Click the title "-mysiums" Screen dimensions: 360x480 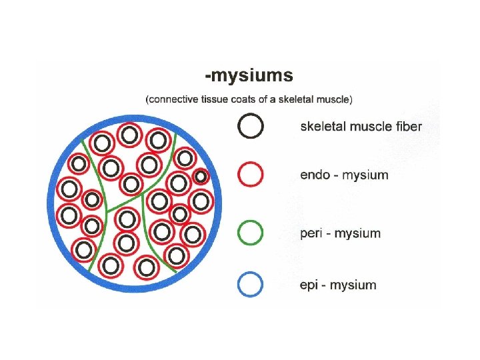(248, 75)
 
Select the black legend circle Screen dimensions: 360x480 (250, 126)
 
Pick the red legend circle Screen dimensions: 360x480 (250, 175)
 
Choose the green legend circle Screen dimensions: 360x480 (250, 233)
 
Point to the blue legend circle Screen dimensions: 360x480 (250, 285)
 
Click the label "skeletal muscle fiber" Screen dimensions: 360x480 (361, 126)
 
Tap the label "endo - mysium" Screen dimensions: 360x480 (343, 175)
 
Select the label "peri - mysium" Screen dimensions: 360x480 (340, 233)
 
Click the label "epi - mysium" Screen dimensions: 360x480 (337, 285)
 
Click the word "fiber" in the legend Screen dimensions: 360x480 (407, 126)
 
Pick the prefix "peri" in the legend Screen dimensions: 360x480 (311, 233)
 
